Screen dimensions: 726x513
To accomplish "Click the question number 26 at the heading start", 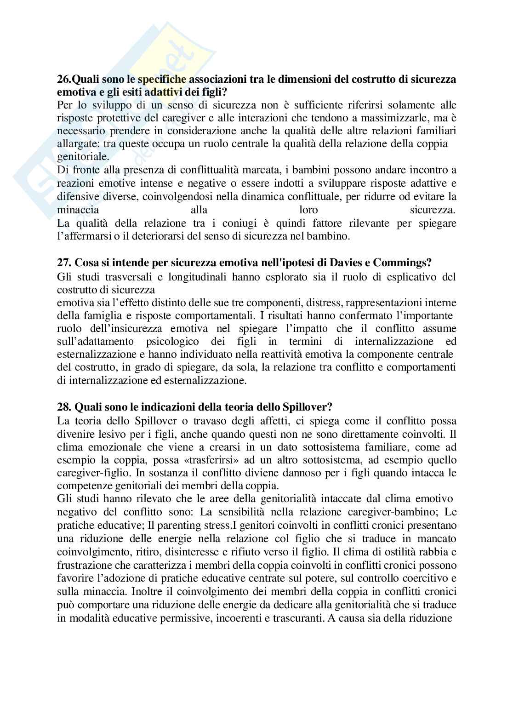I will click(63, 80).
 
